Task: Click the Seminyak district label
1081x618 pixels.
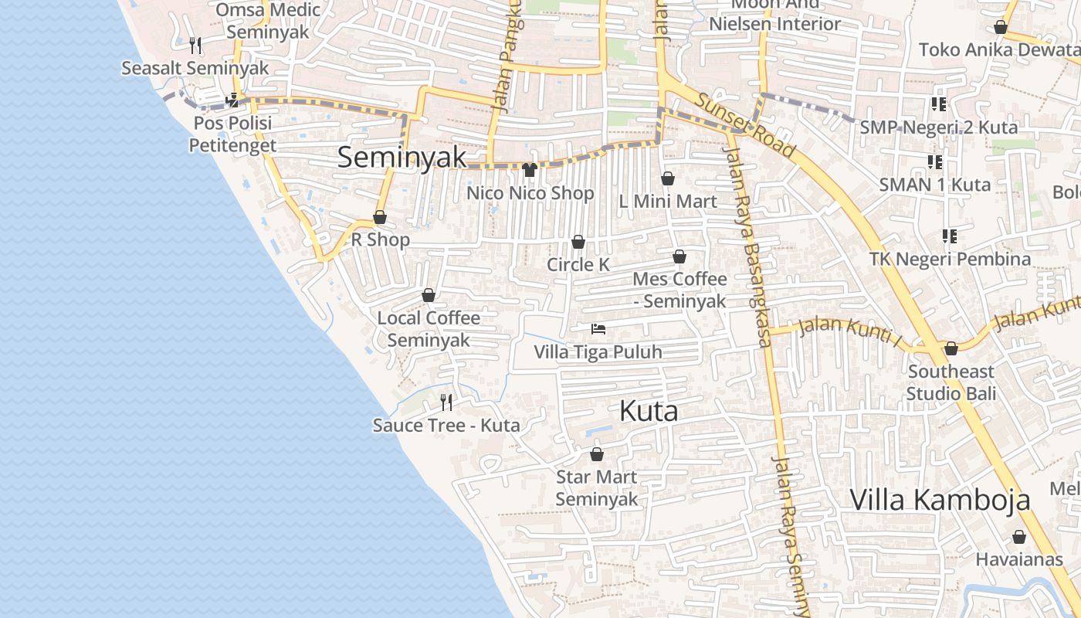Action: click(402, 158)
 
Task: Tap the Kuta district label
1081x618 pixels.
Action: click(649, 411)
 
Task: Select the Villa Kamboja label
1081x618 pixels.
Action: click(940, 500)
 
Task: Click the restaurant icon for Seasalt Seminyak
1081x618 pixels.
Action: click(195, 46)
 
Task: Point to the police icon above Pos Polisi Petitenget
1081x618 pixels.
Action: click(232, 100)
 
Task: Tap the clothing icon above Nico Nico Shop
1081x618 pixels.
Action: click(529, 170)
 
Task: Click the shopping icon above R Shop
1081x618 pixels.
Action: click(380, 217)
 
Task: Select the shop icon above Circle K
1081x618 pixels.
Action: click(578, 243)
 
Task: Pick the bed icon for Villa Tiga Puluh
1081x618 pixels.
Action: click(598, 329)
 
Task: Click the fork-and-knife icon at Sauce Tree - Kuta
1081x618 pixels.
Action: click(446, 402)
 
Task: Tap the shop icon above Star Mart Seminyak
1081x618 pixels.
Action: click(596, 454)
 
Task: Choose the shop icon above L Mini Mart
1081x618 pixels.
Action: click(668, 178)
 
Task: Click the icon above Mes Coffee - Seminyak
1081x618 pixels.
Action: click(679, 256)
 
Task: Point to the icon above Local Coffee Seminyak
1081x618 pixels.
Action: click(429, 295)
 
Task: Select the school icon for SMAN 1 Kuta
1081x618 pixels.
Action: click(935, 162)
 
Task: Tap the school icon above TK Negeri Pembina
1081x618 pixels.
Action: click(949, 236)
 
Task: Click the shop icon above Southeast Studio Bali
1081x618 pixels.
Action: click(951, 348)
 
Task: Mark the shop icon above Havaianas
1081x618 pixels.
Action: click(1019, 537)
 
